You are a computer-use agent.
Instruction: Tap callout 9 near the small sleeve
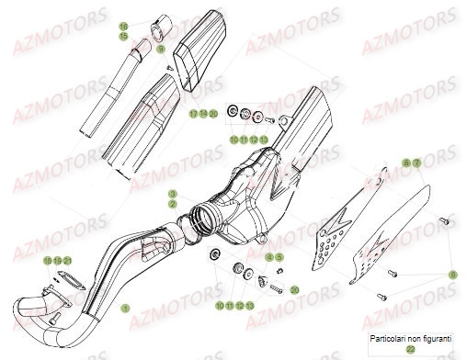pyautogui.click(x=160, y=49)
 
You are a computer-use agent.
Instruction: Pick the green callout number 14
pyautogui.click(x=203, y=114)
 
